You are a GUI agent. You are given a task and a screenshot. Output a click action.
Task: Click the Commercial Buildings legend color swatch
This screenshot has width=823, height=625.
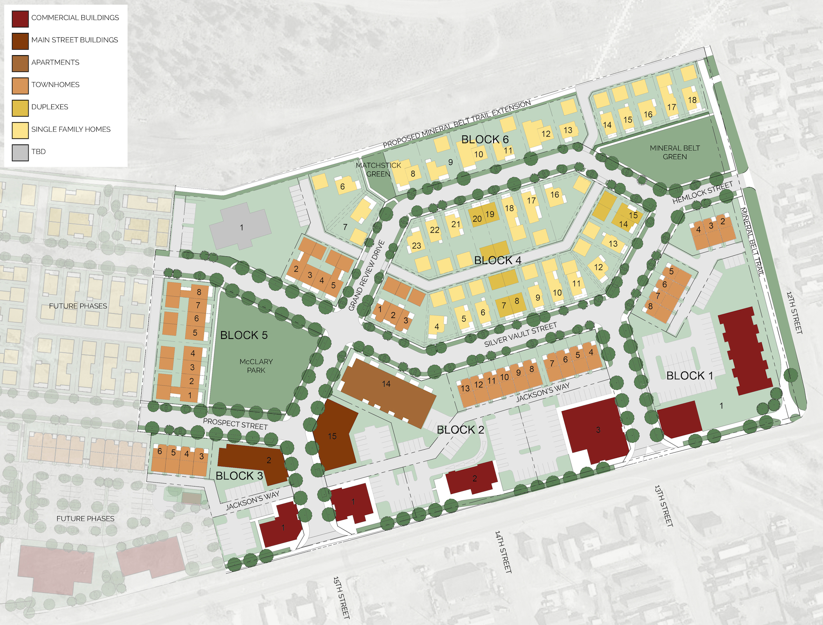[20, 18]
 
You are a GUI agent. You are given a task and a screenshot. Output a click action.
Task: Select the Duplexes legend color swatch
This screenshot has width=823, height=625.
[20, 108]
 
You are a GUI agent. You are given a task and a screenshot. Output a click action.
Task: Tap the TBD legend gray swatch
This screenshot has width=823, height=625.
[20, 152]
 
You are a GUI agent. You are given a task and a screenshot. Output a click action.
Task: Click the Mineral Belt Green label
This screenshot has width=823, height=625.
[674, 152]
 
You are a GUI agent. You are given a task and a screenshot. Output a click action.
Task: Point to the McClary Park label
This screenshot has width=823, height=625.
[256, 366]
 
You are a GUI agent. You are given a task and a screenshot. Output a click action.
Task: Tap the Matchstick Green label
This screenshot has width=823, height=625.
[378, 169]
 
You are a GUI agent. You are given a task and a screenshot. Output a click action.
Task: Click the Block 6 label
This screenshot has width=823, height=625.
[484, 139]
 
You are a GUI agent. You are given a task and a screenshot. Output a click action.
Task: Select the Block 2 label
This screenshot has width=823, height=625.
[460, 430]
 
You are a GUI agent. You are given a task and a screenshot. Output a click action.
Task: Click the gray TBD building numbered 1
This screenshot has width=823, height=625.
[241, 227]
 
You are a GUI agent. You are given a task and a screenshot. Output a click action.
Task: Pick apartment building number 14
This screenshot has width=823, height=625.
[387, 384]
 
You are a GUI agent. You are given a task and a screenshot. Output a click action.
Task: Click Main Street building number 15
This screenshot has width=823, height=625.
[332, 436]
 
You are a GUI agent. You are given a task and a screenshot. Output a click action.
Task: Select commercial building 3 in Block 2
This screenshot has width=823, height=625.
[598, 430]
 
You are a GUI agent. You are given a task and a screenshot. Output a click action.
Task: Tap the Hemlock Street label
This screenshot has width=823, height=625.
[702, 192]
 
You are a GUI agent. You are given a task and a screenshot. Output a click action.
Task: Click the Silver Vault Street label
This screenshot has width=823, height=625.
[520, 335]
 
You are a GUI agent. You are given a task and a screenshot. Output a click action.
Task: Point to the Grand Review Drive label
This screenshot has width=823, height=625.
[367, 276]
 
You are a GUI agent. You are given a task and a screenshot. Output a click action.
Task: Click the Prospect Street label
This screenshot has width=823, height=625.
[235, 423]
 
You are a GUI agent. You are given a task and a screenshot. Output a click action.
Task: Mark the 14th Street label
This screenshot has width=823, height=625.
[503, 551]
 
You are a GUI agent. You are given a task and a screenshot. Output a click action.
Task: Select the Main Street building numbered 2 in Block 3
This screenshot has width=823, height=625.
[268, 460]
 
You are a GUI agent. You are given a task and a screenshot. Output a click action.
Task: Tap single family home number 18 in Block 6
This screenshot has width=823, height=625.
[692, 100]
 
